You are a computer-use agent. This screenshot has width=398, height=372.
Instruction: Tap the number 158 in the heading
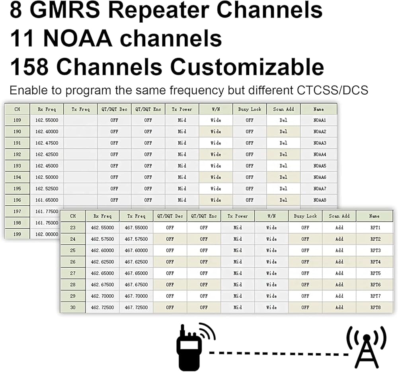[x=29, y=66]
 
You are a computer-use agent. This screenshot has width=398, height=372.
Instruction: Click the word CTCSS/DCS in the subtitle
[x=332, y=90]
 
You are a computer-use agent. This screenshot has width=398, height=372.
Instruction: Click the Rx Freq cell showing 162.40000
[x=47, y=132]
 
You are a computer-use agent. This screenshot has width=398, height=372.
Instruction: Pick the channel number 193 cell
[x=17, y=166]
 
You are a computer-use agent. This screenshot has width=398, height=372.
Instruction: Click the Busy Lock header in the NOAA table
[x=250, y=109]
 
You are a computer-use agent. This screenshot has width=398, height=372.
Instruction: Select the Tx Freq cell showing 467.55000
[x=136, y=228]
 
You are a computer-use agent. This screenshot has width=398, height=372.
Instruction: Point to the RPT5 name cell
[x=375, y=273]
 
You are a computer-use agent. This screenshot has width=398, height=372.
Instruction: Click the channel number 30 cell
[x=73, y=308]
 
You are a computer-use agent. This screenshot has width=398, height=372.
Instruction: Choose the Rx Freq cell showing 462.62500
[x=103, y=262]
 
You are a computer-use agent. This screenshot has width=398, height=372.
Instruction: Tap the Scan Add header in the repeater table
[x=339, y=216]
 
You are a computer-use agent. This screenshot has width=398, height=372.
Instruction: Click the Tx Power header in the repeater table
[x=238, y=216]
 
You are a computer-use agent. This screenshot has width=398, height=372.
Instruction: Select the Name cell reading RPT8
[x=375, y=308]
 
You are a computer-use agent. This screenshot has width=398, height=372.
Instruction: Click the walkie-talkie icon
[x=196, y=347]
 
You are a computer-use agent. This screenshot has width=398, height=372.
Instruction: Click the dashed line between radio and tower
[x=279, y=353]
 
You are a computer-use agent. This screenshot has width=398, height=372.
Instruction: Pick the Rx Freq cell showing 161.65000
[x=47, y=200]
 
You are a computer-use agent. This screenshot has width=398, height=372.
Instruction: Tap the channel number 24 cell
[x=73, y=239]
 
